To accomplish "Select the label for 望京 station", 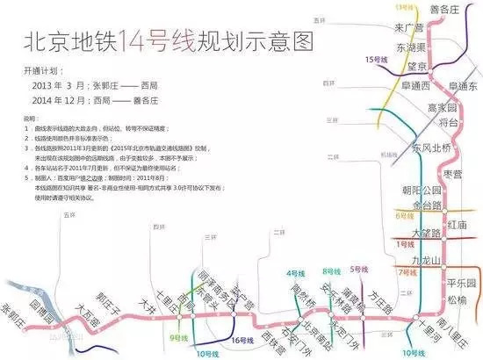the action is (x=416, y=67).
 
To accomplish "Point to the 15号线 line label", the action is (x=375, y=59).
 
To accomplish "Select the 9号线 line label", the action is (x=180, y=337).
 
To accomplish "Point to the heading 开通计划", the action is (x=43, y=68).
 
